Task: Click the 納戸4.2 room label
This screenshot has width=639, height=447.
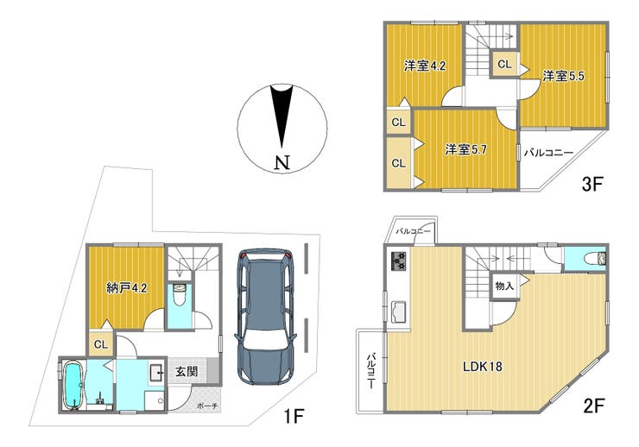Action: coord(126,288)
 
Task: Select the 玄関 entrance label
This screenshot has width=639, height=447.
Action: coord(187,371)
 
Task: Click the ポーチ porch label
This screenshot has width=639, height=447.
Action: coord(207,406)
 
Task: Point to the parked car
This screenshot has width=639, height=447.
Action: coord(265,317)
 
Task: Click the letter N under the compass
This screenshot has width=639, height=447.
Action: coord(282,163)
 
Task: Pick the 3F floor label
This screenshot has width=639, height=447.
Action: coord(592,185)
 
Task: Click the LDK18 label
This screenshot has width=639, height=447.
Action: coord(483,367)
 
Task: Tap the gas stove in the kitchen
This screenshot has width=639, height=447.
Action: coord(399,261)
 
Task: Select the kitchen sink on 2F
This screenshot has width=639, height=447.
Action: coord(398,312)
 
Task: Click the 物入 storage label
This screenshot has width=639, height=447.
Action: coord(504,286)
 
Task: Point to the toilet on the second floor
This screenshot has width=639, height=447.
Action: coord(596,258)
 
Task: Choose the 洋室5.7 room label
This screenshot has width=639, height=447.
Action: coord(465,150)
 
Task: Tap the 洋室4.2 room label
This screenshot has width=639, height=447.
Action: coord(425,66)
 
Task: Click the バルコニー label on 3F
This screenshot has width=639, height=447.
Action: coord(548,153)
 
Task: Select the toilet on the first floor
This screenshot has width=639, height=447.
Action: coord(180,295)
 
